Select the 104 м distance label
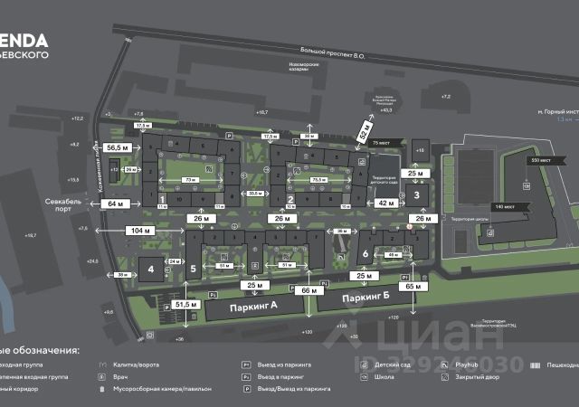(x=140, y=232)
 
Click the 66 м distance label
(x=310, y=290)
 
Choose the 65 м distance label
(x=414, y=286)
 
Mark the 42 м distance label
(x=386, y=203)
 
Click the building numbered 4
(x=150, y=269)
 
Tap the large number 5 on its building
(x=193, y=269)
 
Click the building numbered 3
(x=417, y=194)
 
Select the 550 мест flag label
(x=541, y=159)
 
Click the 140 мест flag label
(x=503, y=208)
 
